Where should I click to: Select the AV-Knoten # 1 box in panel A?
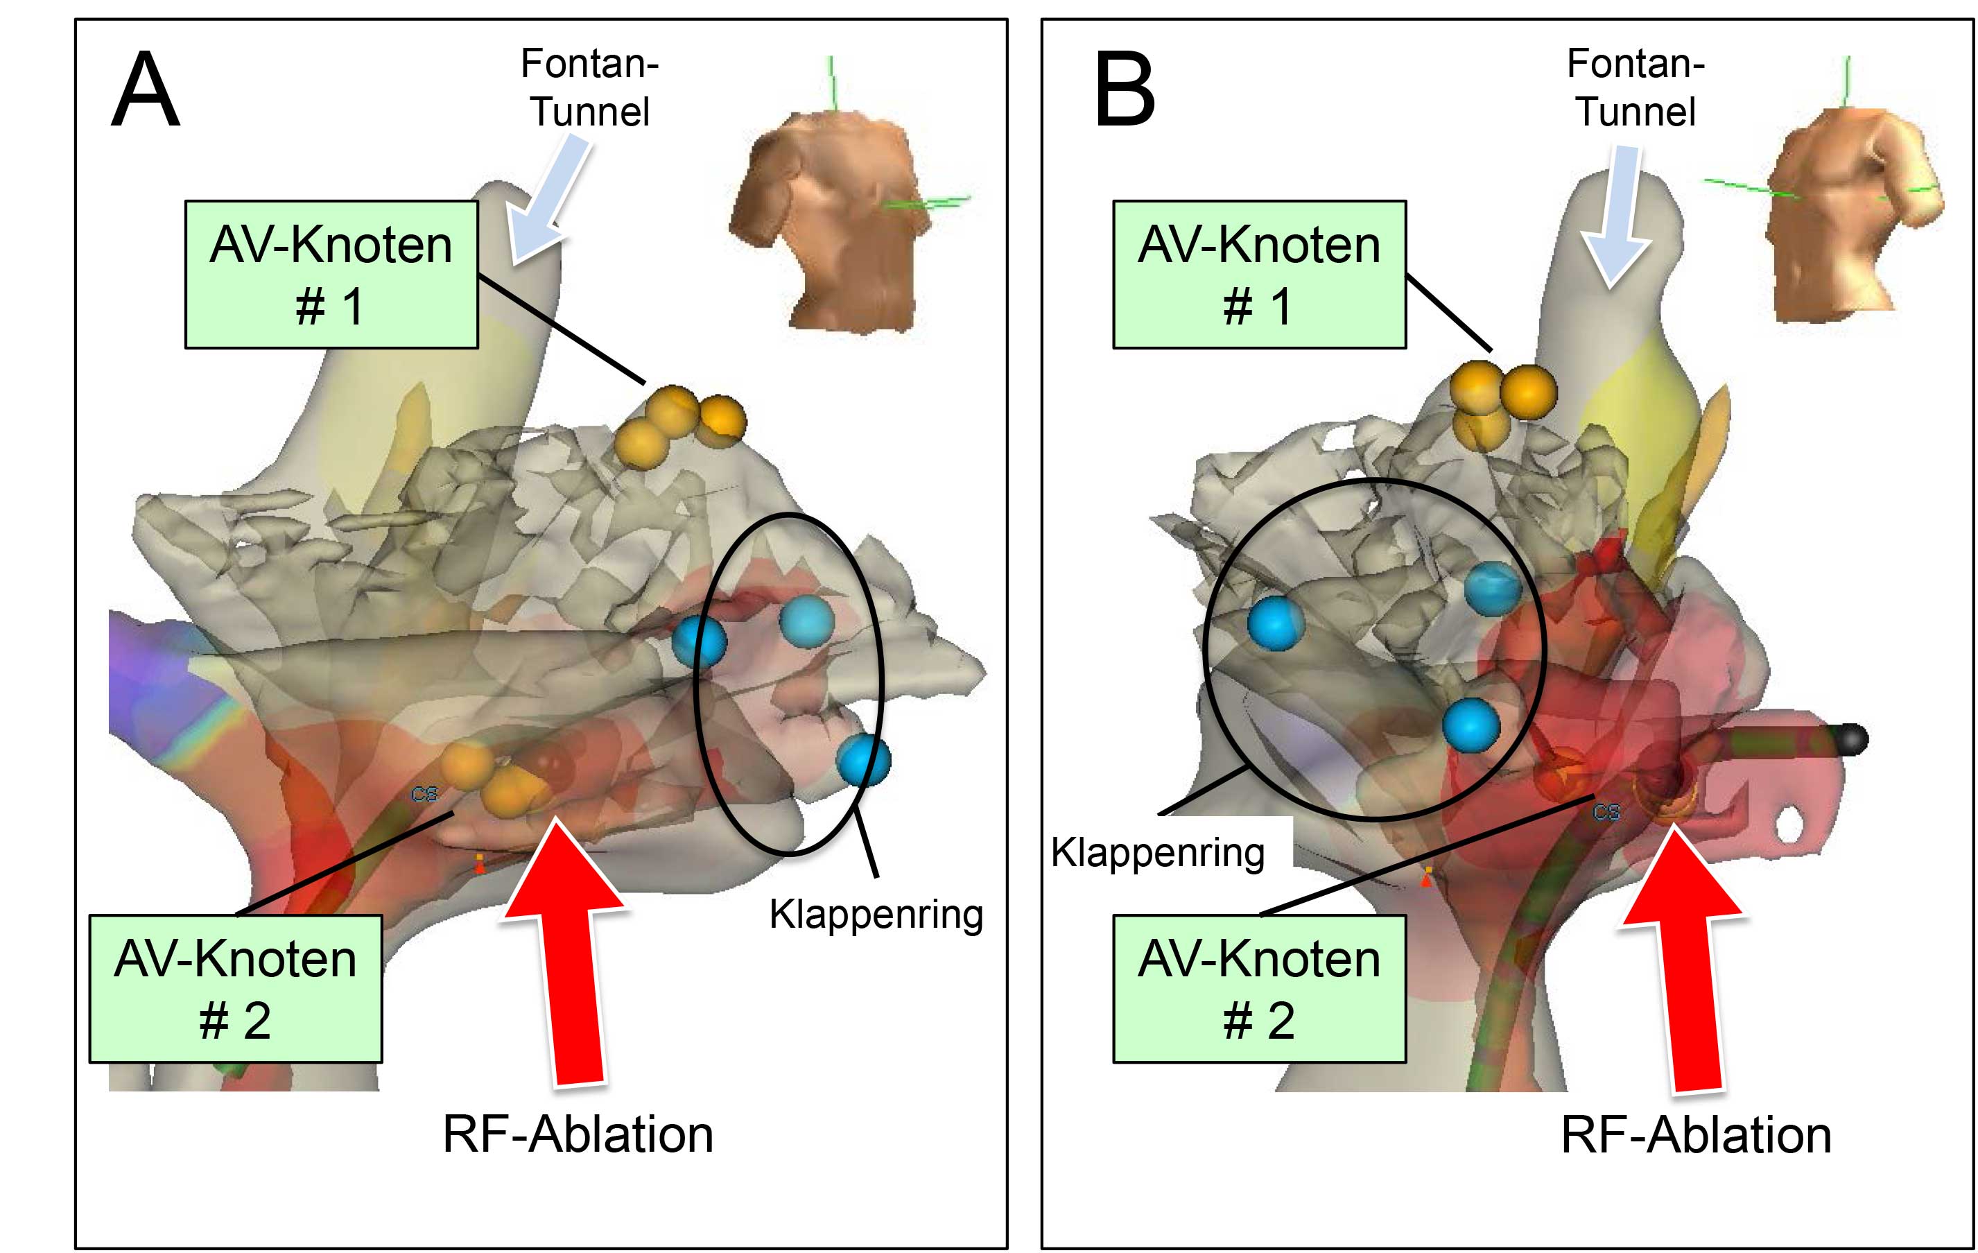(x=331, y=275)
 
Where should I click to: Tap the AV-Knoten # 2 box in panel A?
(x=236, y=988)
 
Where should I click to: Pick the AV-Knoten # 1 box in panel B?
(x=1259, y=275)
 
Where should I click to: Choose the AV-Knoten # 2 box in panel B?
(x=1259, y=988)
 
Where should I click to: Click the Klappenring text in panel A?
(x=876, y=914)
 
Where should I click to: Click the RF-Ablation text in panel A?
(x=578, y=1134)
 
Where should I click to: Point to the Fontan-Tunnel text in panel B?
(x=1636, y=87)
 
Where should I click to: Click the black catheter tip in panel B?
(x=1852, y=738)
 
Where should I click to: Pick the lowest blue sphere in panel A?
(x=863, y=760)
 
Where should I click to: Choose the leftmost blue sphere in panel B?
(x=1276, y=623)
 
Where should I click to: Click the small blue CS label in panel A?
(x=425, y=794)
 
